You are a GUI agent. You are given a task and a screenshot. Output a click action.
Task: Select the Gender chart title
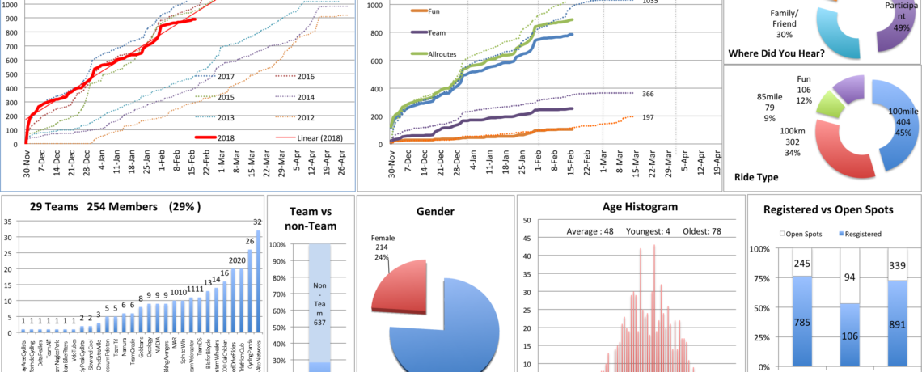[x=435, y=212]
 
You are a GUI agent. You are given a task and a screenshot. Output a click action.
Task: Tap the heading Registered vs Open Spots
[x=833, y=209]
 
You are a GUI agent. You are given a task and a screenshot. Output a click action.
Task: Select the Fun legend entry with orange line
[x=433, y=11]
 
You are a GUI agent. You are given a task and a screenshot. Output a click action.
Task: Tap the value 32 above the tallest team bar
[x=258, y=222]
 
